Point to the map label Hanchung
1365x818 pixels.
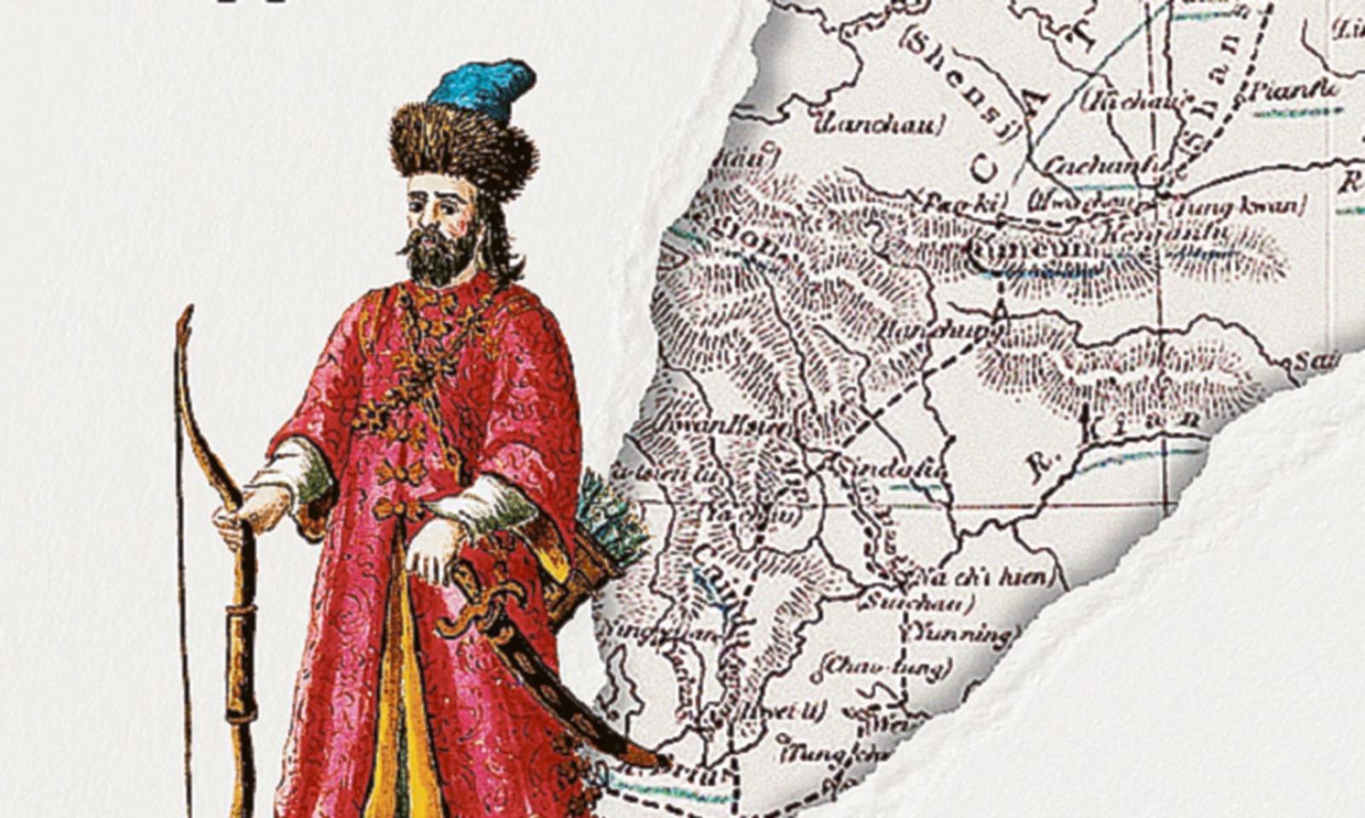click(x=938, y=329)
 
